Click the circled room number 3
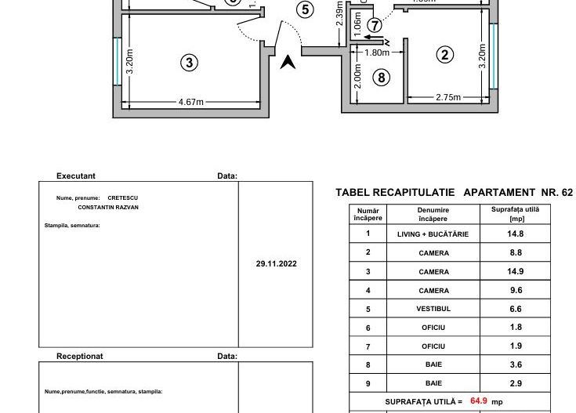[188, 63]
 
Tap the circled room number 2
[444, 54]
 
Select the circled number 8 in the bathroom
[382, 77]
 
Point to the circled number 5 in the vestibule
[306, 10]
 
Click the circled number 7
[375, 25]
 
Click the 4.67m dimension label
[191, 102]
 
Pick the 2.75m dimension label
[448, 97]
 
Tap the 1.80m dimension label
[377, 53]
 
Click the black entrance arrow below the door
[288, 62]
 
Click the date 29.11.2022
[276, 264]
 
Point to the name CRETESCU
[122, 197]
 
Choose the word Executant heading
[76, 176]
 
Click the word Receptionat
[80, 356]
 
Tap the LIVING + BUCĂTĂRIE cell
[433, 234]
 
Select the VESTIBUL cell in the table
[433, 310]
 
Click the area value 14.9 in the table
[515, 272]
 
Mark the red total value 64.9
[478, 400]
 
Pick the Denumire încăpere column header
[433, 214]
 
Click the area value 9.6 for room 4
[515, 291]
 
